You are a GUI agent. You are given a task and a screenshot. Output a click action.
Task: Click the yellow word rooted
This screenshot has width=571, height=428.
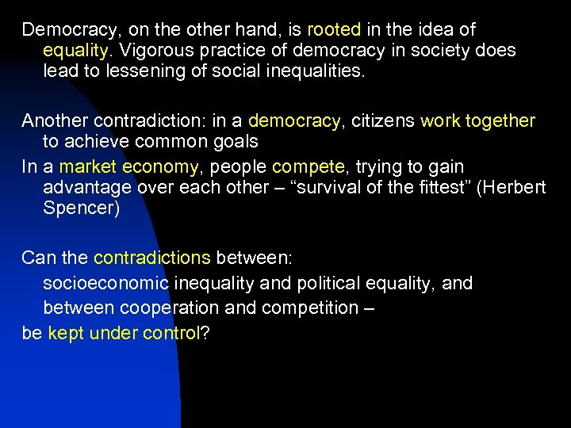334,30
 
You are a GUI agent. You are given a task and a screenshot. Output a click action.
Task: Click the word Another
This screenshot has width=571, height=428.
54,121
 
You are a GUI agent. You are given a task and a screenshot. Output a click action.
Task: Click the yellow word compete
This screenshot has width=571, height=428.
308,167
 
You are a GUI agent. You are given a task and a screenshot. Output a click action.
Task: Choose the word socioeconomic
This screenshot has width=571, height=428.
105,284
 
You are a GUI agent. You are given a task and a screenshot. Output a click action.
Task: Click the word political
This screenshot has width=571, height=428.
337,284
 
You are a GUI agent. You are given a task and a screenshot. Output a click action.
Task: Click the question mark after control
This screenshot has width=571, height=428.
205,334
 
